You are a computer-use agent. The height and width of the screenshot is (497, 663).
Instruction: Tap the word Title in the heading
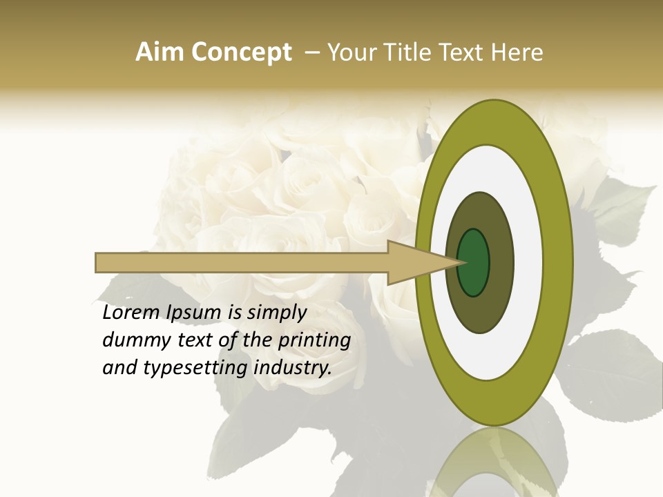pos(409,52)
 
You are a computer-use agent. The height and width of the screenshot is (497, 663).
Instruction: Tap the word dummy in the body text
pos(133,340)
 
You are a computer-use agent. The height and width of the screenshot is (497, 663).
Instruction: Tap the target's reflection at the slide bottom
pos(494,462)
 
